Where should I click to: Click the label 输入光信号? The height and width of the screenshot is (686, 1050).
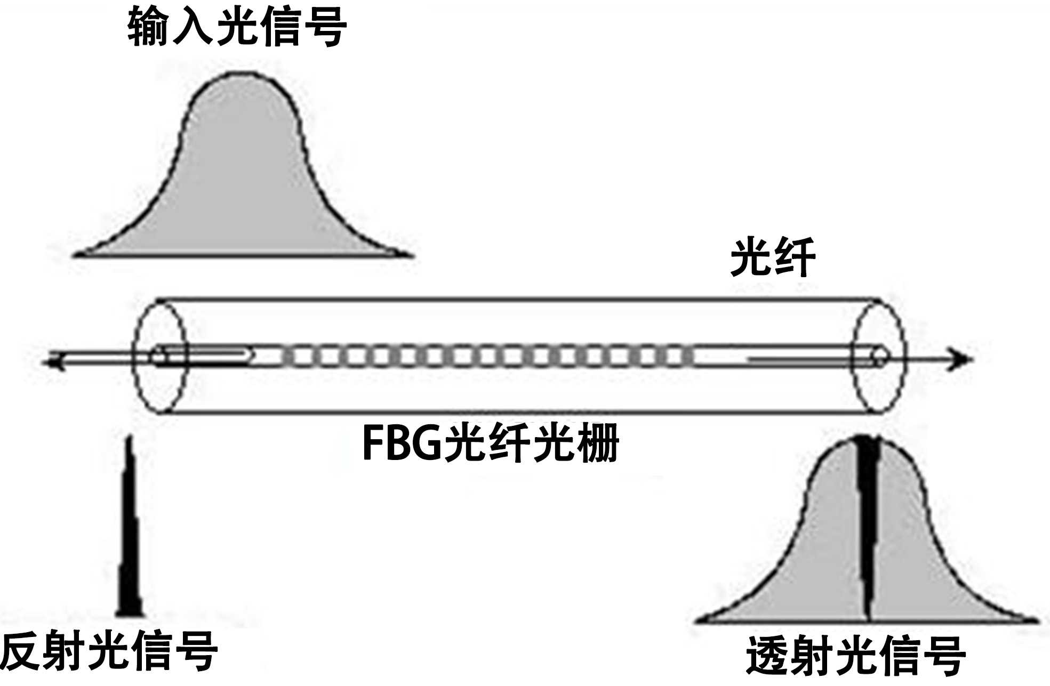[237, 27]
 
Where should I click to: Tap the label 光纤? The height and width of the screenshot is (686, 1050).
[773, 258]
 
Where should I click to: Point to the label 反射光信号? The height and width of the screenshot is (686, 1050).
[109, 651]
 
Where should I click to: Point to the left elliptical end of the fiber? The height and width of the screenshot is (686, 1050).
[160, 356]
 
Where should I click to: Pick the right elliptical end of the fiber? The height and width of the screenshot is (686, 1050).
[879, 356]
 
